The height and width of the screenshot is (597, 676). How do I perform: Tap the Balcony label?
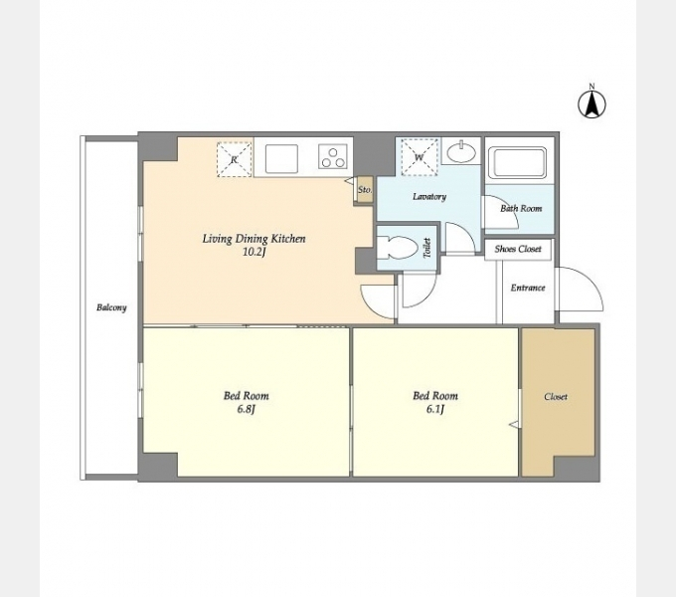point(111,307)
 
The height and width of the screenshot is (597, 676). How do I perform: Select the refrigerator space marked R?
point(234,159)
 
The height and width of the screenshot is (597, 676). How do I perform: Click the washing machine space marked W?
point(420,157)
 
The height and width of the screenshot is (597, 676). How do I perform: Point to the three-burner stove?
point(333,156)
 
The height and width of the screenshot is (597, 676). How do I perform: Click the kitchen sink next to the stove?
point(281,158)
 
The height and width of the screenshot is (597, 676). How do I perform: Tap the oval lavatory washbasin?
point(461,152)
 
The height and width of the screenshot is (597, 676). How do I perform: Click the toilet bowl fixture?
point(398,248)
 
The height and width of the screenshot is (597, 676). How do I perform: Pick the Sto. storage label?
point(365,190)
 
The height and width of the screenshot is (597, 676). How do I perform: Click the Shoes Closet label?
point(518,249)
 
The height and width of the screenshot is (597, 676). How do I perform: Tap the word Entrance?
point(528,288)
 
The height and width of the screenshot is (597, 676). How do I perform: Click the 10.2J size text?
point(253,252)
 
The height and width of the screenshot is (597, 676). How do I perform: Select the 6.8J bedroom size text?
point(247,409)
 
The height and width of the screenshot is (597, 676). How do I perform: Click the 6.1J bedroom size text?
point(435,409)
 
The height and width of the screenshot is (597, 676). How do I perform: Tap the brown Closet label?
point(556,396)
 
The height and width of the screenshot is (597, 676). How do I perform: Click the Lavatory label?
point(429,197)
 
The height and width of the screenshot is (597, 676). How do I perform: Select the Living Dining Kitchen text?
point(253,239)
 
